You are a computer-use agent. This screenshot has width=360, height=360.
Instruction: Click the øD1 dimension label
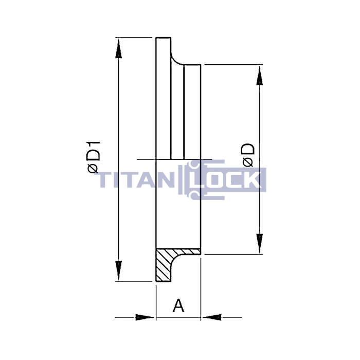click(x=94, y=157)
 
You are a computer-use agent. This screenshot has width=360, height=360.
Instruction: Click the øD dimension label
click(x=248, y=155)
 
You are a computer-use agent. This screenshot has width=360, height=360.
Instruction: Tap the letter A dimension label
click(x=178, y=305)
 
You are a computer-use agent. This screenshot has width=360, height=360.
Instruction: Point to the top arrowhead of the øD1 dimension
click(x=118, y=48)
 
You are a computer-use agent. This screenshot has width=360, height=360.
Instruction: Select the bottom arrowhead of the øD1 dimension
click(x=118, y=271)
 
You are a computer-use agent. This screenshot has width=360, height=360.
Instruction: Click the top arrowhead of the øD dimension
click(x=259, y=76)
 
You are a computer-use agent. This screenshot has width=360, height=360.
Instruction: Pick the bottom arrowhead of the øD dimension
click(x=259, y=243)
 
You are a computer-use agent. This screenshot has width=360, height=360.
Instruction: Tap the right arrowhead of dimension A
click(x=212, y=317)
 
